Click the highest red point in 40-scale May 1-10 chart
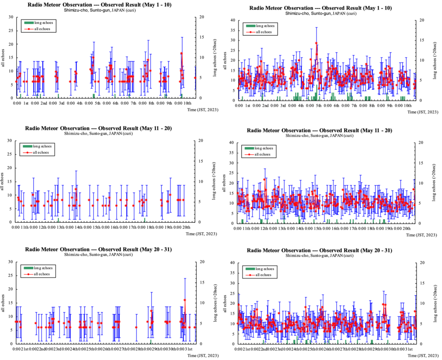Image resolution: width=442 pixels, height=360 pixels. click(316, 43)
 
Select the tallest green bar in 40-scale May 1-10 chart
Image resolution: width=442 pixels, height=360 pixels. click(316, 92)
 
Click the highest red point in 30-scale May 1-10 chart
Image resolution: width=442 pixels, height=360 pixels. click(181, 54)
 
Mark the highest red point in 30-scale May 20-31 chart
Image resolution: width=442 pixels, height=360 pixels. click(185, 300)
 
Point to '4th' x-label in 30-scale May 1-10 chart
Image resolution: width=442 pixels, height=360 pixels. click(79, 104)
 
